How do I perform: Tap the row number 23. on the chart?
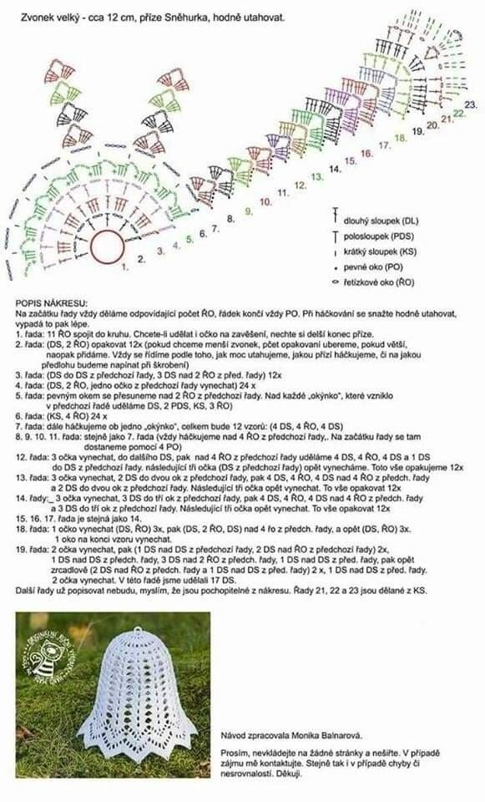pyautogui.click(x=471, y=104)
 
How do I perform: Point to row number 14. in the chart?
pyautogui.click(x=335, y=169)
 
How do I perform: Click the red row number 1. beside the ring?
pyautogui.click(x=125, y=267)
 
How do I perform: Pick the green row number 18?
pyautogui.click(x=401, y=137)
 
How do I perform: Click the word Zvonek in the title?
pyautogui.click(x=38, y=16)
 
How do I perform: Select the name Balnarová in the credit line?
pyautogui.click(x=337, y=735)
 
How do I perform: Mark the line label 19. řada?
pyautogui.click(x=32, y=551)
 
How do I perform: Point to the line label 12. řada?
pyautogui.click(x=32, y=458)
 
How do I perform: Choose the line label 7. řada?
pyautogui.click(x=29, y=425)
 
